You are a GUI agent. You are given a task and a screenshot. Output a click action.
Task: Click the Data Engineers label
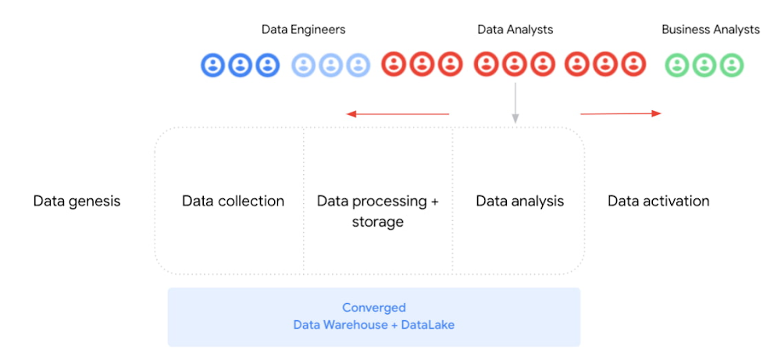click(x=303, y=30)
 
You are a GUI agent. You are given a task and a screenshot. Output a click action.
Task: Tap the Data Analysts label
click(x=515, y=30)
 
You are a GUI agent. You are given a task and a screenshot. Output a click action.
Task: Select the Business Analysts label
click(x=710, y=30)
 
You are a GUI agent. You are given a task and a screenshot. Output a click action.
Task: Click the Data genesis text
click(x=77, y=201)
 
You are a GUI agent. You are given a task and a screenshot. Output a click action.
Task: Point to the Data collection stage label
click(x=233, y=201)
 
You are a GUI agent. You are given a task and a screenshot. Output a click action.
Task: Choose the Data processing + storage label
click(x=377, y=211)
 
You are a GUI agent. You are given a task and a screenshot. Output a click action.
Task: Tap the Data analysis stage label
click(x=519, y=201)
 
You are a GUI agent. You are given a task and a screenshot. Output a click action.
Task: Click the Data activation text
click(x=658, y=201)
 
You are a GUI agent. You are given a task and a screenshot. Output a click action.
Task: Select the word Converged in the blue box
click(x=373, y=308)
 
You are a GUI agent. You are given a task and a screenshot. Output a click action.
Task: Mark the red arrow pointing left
click(x=398, y=114)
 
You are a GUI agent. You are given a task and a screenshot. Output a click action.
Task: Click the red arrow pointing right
click(x=620, y=114)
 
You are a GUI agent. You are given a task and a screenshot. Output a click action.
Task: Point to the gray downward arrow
click(x=515, y=102)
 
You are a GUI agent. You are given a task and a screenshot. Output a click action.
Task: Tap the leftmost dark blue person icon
click(x=213, y=65)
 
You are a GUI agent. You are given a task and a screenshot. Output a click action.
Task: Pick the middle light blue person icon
click(x=331, y=65)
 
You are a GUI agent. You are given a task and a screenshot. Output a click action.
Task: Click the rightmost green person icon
click(x=731, y=65)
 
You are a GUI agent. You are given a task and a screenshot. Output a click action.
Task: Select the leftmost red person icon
click(x=394, y=65)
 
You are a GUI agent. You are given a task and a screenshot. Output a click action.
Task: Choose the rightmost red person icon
click(x=633, y=65)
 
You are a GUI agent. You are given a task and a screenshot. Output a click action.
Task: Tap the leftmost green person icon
click(x=676, y=65)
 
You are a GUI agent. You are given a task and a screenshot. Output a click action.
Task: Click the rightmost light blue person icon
click(x=358, y=65)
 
